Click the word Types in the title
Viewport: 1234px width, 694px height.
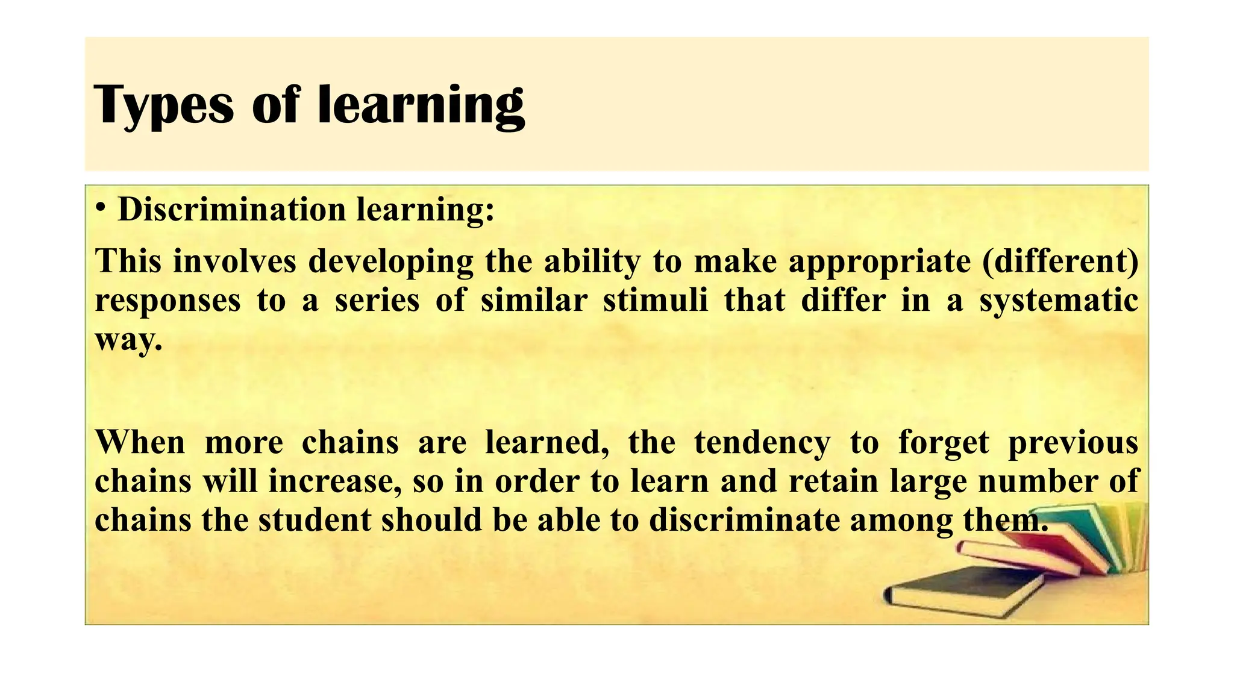tap(163, 105)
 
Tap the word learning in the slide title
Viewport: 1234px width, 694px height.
tap(421, 105)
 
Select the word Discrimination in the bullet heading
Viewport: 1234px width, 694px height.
tap(232, 210)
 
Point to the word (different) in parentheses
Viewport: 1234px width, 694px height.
tap(1060, 261)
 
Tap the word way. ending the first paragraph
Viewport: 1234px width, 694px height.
tap(129, 341)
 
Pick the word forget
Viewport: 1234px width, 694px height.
tap(944, 443)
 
